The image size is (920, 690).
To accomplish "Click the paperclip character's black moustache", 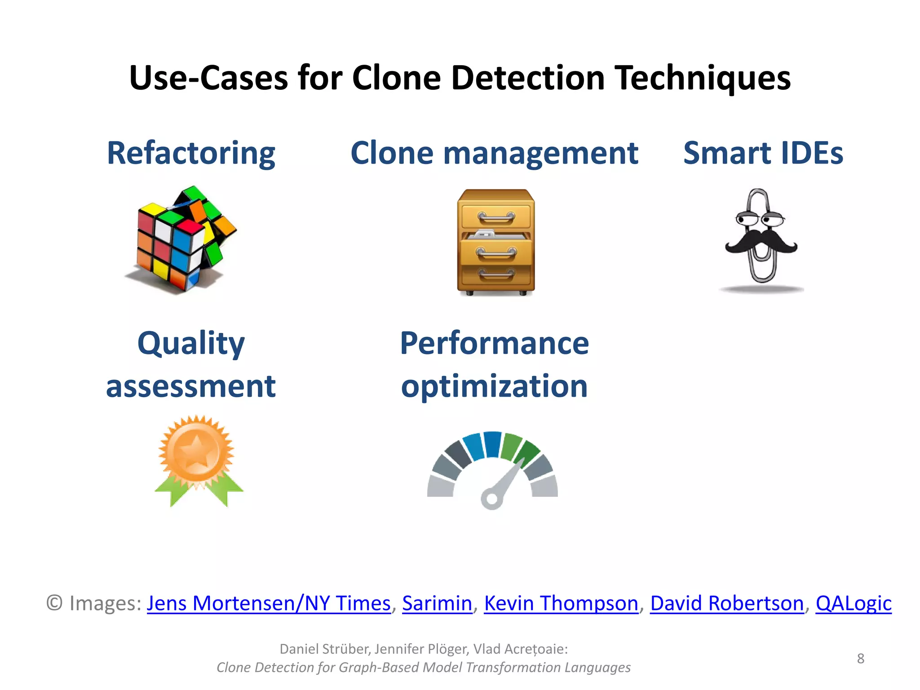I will click(x=761, y=242).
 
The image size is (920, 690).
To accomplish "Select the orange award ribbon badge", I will click(x=197, y=458).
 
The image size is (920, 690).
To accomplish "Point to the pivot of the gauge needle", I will click(x=491, y=499).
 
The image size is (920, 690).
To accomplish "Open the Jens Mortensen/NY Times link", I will click(x=269, y=603).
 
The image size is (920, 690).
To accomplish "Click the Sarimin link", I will click(x=437, y=603).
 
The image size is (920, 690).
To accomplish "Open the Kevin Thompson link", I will click(x=561, y=603).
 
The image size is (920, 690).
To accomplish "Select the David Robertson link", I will click(x=726, y=603).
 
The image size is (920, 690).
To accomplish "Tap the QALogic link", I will click(x=853, y=603).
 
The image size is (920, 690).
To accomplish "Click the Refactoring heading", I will click(x=191, y=153).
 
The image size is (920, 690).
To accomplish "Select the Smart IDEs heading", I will click(x=763, y=153).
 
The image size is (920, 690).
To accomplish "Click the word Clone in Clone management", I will click(x=392, y=153).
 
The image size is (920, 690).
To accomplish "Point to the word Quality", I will click(x=191, y=344).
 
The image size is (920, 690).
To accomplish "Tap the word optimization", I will click(x=494, y=386).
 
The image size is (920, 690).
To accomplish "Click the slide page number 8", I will click(x=860, y=659).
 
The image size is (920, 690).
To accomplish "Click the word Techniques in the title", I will click(x=702, y=78).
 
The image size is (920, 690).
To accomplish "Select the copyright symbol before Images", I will click(x=54, y=603).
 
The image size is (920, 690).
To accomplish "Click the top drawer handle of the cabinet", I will click(x=496, y=218).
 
